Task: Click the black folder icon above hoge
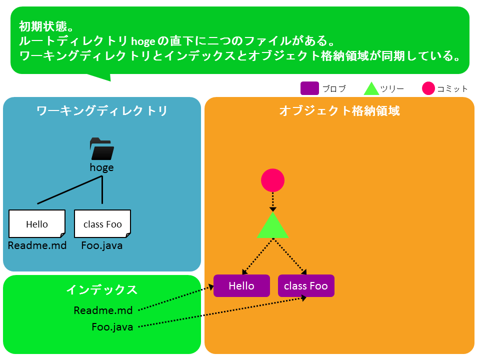(x=102, y=149)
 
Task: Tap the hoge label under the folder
(x=101, y=168)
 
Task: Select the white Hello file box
(x=37, y=224)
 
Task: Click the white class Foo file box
(x=102, y=224)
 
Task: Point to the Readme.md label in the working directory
(x=37, y=245)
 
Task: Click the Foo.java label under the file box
(x=102, y=245)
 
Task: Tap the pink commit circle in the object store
(x=273, y=180)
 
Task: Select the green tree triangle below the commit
(x=273, y=225)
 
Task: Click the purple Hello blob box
(x=241, y=285)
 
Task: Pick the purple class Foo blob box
(x=306, y=285)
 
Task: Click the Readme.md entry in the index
(x=103, y=310)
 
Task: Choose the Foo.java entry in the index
(x=112, y=327)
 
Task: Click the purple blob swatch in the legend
(x=309, y=88)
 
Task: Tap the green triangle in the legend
(x=371, y=88)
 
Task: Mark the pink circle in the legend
(x=428, y=88)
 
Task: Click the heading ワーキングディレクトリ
(x=101, y=111)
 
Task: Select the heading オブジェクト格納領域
(x=339, y=111)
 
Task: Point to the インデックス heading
(x=101, y=289)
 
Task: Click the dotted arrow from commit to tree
(x=273, y=201)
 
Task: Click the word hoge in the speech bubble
(x=143, y=41)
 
